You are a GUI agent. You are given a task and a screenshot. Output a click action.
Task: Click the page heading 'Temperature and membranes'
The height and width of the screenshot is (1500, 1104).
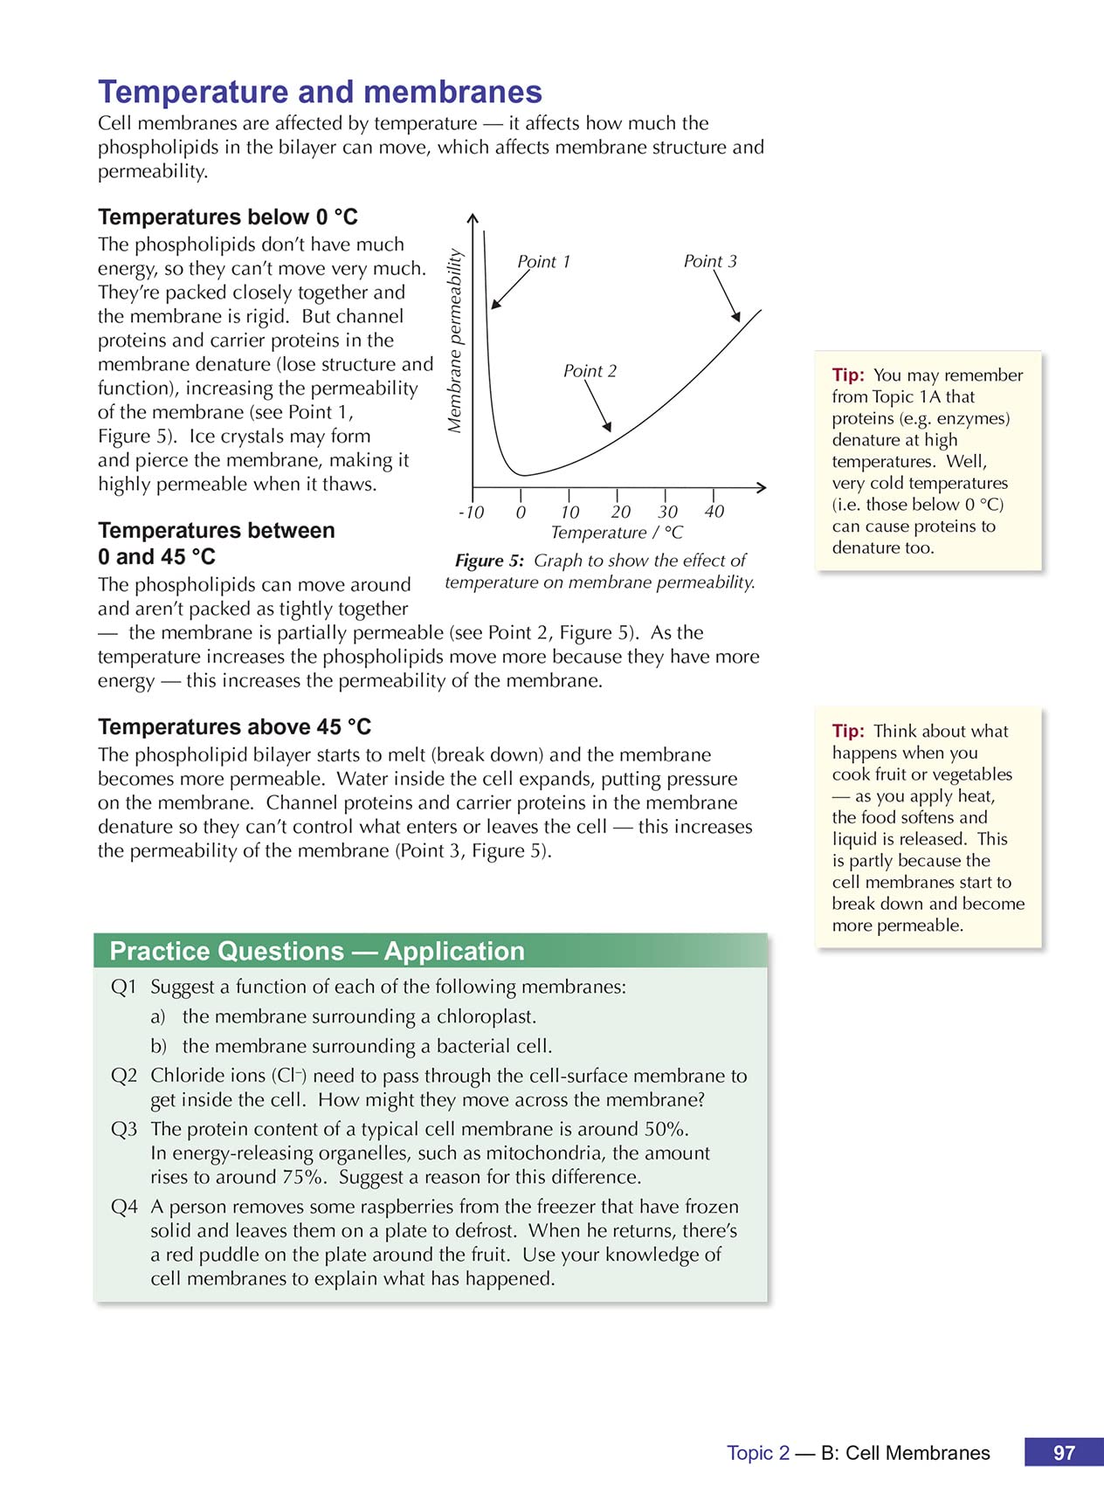(x=320, y=93)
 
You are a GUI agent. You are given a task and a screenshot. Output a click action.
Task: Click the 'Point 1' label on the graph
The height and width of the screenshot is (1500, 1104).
(x=543, y=262)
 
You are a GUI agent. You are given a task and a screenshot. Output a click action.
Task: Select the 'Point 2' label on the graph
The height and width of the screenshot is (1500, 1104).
(x=590, y=371)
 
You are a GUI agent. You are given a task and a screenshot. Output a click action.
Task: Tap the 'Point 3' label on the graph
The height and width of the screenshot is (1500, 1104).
(x=710, y=261)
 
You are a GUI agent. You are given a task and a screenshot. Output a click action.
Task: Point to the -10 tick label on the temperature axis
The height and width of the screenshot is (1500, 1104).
(x=471, y=513)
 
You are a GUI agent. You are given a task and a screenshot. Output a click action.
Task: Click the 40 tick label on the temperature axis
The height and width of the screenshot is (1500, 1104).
(x=714, y=512)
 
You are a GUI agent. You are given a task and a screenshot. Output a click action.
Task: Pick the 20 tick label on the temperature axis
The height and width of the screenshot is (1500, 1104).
(x=620, y=513)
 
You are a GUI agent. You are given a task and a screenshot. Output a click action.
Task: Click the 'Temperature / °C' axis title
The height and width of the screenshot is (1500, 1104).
(x=617, y=533)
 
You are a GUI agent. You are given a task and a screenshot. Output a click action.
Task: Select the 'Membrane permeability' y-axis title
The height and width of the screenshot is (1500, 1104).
(x=455, y=341)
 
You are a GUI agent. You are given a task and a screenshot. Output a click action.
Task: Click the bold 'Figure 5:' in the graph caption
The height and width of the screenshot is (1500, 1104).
(x=489, y=561)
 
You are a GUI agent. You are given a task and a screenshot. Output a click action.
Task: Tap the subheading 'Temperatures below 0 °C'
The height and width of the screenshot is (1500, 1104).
(x=228, y=217)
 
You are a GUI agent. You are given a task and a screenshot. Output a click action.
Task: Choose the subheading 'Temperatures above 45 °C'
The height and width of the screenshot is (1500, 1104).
(x=234, y=726)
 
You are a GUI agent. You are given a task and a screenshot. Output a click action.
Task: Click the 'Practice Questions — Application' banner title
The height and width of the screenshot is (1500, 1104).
(x=317, y=951)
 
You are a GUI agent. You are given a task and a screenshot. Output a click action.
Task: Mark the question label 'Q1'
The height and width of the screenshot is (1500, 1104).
(x=124, y=987)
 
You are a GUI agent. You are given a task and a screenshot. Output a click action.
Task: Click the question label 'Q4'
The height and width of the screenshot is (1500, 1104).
(x=124, y=1208)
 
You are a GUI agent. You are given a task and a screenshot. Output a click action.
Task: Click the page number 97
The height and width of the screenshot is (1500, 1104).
(x=1064, y=1453)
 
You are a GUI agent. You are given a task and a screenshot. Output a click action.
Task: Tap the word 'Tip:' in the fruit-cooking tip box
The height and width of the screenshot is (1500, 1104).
(x=848, y=732)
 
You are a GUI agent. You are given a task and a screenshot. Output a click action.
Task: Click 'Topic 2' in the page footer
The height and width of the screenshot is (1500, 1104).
(x=758, y=1453)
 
